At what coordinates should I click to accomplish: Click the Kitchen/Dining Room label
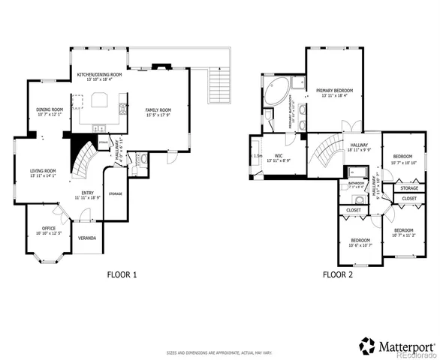(x=99, y=76)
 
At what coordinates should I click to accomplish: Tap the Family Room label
(x=158, y=112)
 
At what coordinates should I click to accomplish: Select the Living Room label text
(x=43, y=173)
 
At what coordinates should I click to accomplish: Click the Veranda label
(x=88, y=238)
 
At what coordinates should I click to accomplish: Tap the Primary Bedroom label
(x=334, y=92)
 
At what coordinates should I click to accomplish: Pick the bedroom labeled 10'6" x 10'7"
(x=360, y=242)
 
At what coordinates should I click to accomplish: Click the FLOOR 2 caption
(x=338, y=275)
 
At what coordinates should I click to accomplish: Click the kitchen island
(x=100, y=100)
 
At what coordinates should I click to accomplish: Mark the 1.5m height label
(x=258, y=156)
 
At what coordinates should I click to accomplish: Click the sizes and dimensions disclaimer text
(x=219, y=352)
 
